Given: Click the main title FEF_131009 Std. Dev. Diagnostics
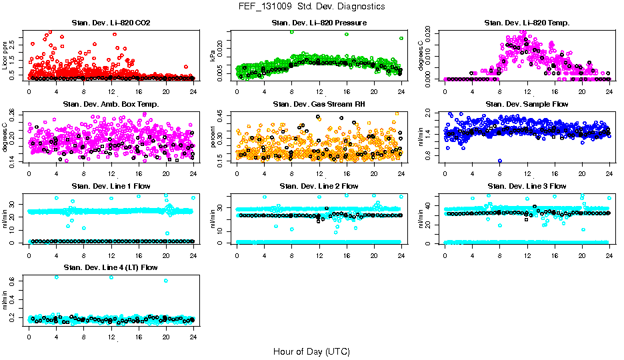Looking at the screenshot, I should coord(311,7).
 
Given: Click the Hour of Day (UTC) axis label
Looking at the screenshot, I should coord(311,351).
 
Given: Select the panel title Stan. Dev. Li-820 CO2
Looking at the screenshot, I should coord(111,23).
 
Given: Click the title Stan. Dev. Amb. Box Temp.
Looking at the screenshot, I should coord(111,104).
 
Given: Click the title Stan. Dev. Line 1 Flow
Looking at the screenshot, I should coord(111,186).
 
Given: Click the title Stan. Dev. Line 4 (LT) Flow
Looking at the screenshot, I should coord(111,267).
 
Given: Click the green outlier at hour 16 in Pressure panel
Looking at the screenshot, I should coord(347,34).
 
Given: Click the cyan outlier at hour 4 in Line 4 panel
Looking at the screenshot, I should coord(56,277).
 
